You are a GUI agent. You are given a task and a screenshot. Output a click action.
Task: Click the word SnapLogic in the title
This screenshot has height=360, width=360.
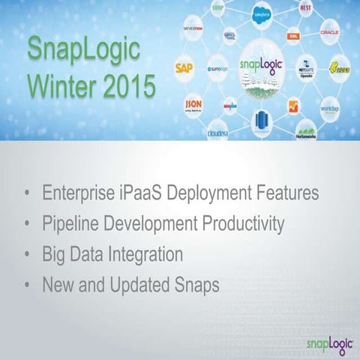83,51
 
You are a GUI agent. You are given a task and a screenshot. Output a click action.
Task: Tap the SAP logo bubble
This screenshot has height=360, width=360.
184,67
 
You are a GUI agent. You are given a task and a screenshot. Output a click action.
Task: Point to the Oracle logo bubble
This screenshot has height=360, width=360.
329,33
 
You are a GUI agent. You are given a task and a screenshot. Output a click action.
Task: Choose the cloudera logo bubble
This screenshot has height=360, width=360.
218,131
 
